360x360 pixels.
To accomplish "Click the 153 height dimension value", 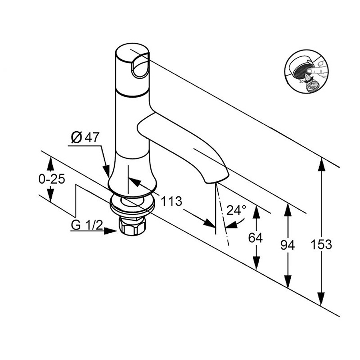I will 321,244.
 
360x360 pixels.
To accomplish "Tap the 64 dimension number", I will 255,238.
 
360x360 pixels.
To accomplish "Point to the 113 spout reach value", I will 172,201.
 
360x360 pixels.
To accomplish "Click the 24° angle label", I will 236,210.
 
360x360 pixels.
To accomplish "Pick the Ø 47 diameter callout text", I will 84,138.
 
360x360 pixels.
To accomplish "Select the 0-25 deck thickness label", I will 52,179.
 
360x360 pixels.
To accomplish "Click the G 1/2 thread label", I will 87,226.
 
